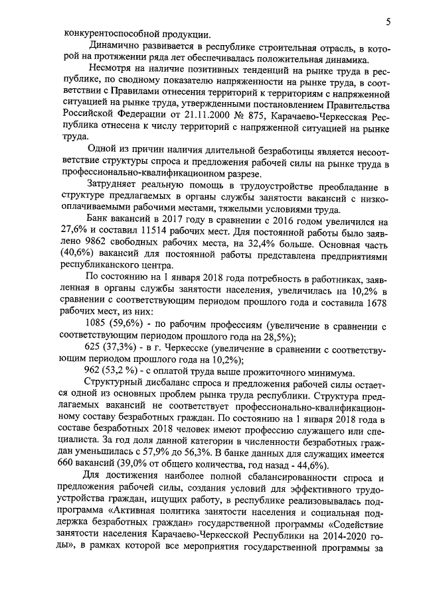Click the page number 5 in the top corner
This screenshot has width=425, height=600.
click(388, 23)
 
